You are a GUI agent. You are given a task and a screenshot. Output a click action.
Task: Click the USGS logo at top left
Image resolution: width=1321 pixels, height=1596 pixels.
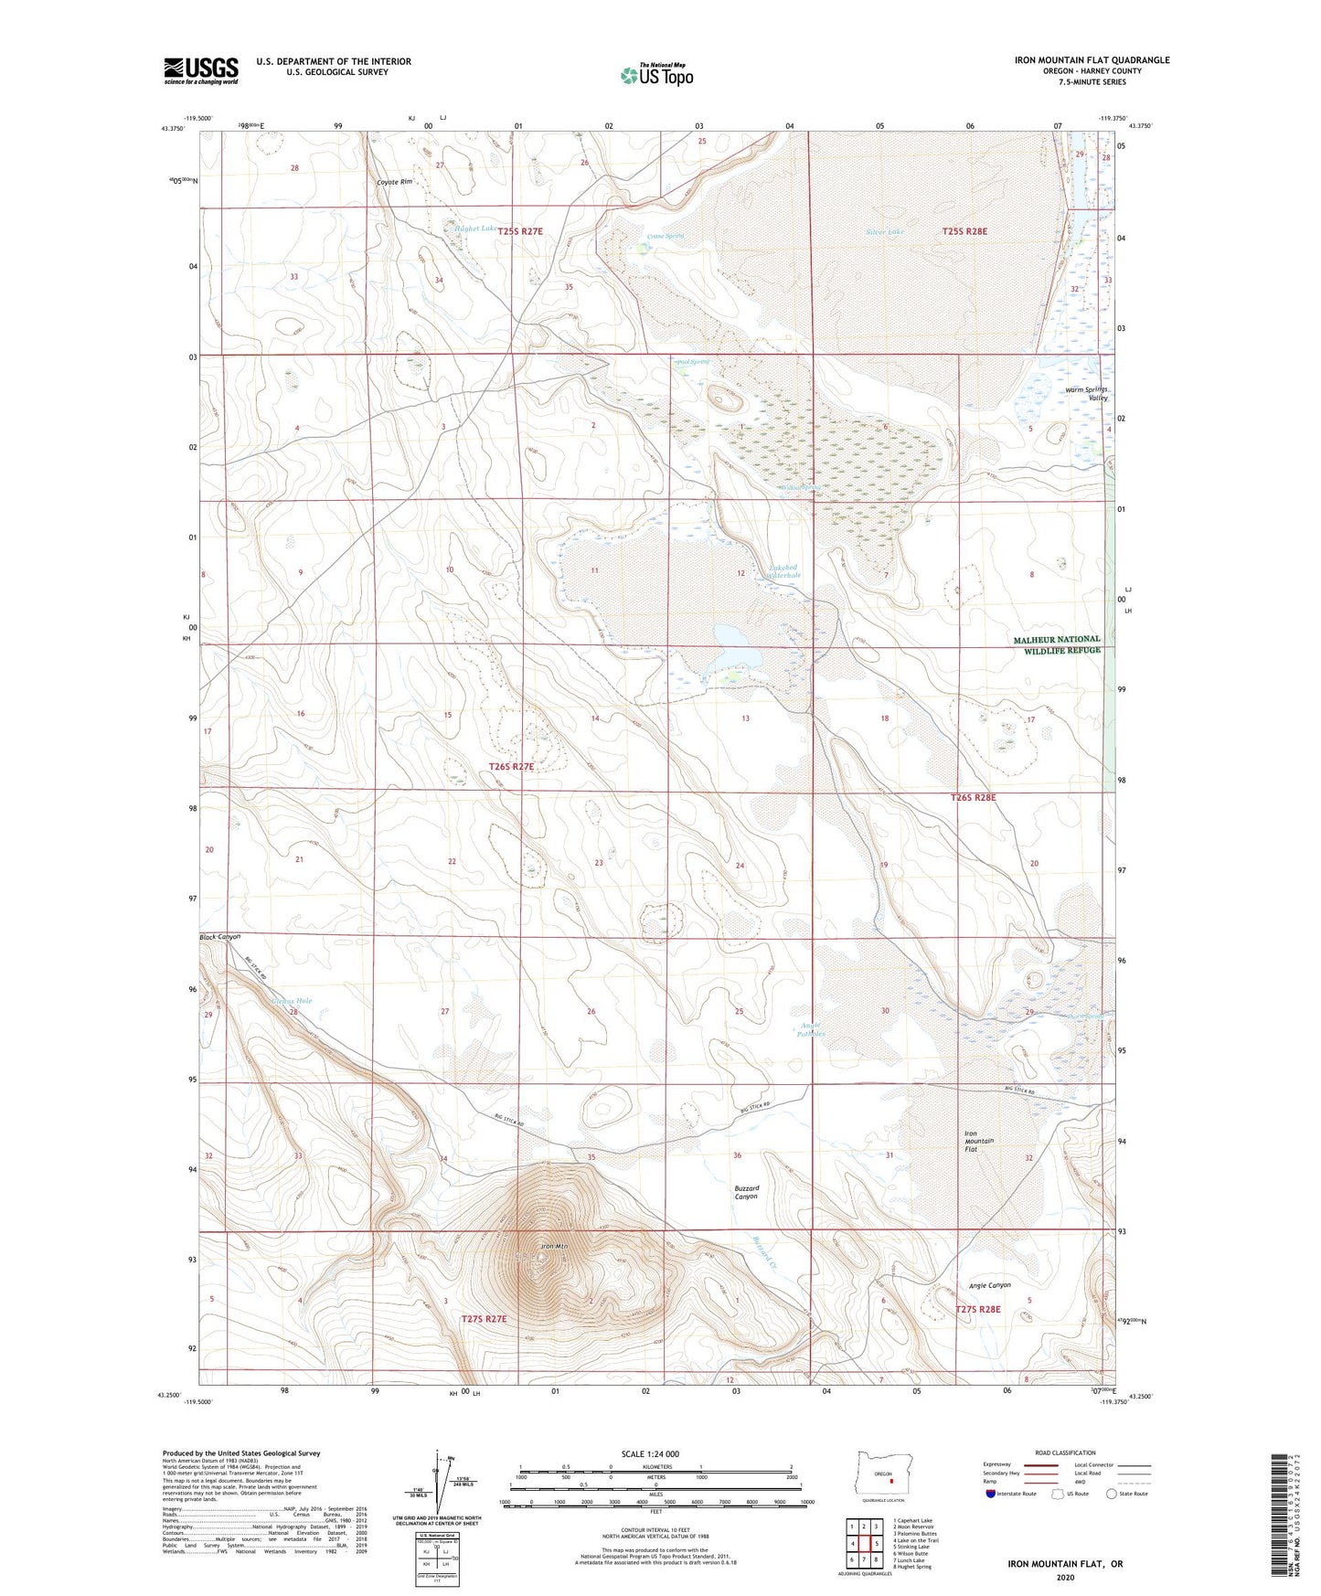pos(201,70)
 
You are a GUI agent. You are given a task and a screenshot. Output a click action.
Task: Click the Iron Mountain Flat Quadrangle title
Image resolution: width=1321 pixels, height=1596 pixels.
pos(1092,60)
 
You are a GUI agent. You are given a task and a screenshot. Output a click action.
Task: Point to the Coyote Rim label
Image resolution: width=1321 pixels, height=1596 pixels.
pos(395,182)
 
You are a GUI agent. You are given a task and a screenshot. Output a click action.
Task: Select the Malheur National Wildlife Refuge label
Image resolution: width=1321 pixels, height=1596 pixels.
pos(1057,644)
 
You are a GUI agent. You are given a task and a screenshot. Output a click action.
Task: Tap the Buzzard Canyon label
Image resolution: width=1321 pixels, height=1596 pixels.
pos(746,1192)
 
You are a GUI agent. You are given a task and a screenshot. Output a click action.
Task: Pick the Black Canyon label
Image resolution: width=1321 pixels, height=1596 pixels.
pos(220,937)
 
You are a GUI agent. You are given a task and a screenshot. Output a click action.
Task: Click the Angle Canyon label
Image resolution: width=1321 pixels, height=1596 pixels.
pos(989,1285)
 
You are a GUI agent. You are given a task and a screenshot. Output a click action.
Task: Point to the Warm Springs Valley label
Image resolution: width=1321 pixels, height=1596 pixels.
pos(1086,394)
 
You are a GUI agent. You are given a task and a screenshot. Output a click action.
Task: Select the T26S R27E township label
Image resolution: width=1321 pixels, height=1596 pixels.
pos(511,767)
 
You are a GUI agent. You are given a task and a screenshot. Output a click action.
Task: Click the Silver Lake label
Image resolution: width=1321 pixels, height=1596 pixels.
pos(884,232)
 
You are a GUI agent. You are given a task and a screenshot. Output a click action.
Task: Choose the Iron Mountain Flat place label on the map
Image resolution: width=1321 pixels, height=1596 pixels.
pos(979,1141)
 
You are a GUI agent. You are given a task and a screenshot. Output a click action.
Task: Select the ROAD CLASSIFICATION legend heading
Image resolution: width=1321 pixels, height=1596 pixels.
pos(1065,1452)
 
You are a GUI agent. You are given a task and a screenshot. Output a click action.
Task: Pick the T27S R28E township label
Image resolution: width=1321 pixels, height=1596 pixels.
pos(978,1309)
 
